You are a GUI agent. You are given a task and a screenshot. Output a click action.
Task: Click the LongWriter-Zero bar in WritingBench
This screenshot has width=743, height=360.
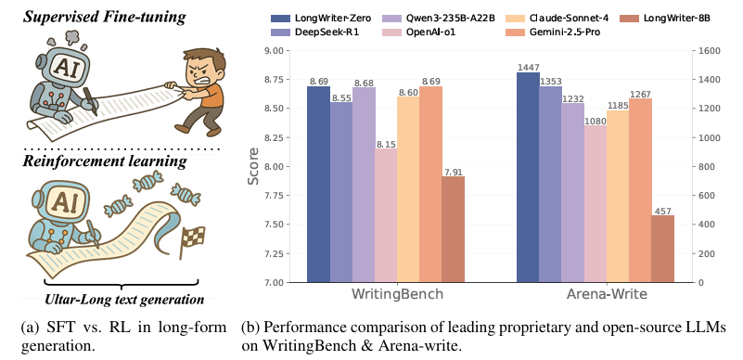click(318, 185)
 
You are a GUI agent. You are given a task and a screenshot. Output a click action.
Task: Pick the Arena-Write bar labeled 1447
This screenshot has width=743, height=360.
click(528, 177)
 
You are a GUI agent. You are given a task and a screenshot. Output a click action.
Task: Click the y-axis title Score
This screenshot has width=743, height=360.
click(254, 167)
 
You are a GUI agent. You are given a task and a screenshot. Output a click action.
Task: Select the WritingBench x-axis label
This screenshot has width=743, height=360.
click(385, 296)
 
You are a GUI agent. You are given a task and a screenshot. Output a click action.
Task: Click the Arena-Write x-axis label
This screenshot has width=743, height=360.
click(595, 296)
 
